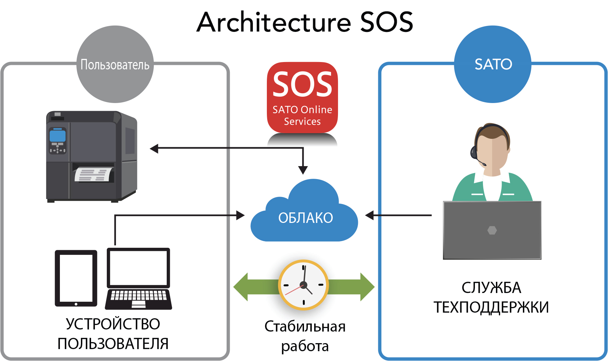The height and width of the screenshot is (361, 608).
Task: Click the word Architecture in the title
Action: point(274,22)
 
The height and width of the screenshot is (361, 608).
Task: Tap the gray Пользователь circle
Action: point(115,64)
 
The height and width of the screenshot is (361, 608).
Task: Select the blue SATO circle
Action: point(493,64)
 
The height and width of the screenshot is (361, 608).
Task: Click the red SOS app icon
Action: point(302,97)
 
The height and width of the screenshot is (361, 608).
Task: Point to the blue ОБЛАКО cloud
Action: point(305,217)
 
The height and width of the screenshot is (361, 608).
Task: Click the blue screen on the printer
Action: point(57,135)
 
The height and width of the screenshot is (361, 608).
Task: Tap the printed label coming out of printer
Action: point(94,175)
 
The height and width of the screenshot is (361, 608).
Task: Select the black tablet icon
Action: point(76,278)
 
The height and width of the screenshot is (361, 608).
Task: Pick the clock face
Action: point(303,285)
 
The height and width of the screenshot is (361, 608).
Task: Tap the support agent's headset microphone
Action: point(484,164)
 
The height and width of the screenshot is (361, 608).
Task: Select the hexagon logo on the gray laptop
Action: point(492,230)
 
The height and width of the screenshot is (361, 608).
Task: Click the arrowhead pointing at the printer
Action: point(154,149)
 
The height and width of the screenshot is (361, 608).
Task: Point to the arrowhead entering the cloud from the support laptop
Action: point(370,215)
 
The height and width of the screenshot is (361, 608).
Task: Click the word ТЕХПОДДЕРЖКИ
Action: point(491,307)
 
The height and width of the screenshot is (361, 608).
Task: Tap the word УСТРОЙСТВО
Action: point(113,324)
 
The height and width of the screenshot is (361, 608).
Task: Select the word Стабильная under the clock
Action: point(305,326)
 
